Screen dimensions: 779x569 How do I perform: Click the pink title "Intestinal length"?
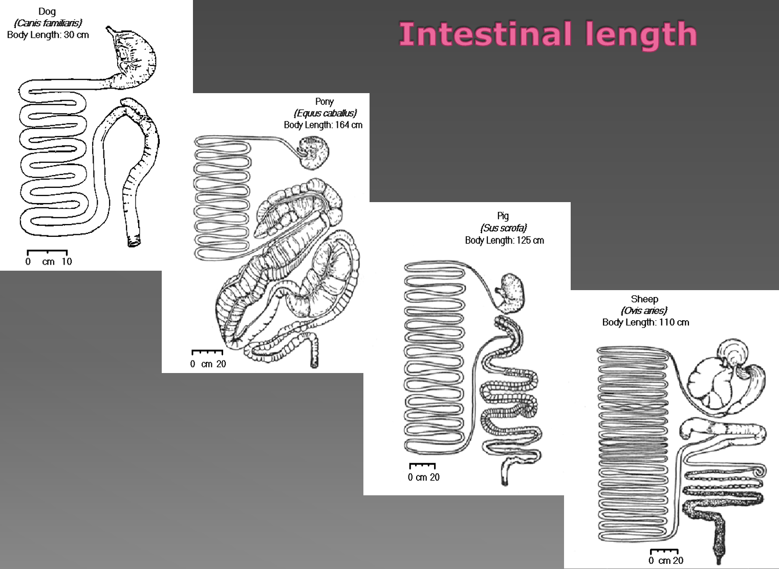[x=548, y=35]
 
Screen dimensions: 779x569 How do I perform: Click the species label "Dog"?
[x=47, y=11]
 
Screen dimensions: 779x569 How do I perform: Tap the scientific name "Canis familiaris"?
[x=48, y=23]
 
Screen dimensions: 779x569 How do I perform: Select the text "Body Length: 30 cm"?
[x=48, y=35]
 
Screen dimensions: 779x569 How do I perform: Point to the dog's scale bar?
[x=47, y=251]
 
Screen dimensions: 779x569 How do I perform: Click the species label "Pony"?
[x=324, y=102]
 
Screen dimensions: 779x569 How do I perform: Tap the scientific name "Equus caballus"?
[x=325, y=113]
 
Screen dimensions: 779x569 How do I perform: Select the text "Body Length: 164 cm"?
[x=323, y=125]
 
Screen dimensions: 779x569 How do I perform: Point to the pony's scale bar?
[x=207, y=352]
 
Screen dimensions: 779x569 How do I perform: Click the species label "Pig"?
[x=503, y=216]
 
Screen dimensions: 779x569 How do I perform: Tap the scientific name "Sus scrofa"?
[x=503, y=228]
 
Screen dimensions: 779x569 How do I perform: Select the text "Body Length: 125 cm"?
[x=504, y=240]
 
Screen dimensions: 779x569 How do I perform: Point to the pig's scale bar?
[x=422, y=466]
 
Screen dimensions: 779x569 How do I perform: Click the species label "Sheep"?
[x=644, y=299]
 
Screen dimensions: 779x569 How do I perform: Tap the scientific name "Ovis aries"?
[x=644, y=311]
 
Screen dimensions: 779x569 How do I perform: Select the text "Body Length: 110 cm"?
[x=645, y=322]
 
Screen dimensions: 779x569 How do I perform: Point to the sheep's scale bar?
[x=664, y=551]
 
